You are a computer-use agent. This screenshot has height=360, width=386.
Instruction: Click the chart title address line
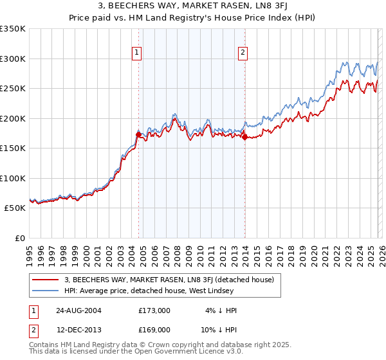192,7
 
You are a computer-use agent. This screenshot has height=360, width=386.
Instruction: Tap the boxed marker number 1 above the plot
138,53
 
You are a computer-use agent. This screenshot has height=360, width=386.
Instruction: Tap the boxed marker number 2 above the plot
243,53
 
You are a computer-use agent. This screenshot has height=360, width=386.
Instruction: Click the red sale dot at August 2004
138,134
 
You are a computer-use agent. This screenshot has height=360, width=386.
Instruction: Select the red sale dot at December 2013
244,136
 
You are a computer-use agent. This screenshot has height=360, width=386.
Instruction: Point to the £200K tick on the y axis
13,118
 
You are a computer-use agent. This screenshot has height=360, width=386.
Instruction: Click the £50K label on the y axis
15,208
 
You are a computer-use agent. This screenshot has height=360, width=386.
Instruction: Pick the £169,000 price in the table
154,329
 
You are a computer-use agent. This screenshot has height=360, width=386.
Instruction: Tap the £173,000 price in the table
154,310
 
